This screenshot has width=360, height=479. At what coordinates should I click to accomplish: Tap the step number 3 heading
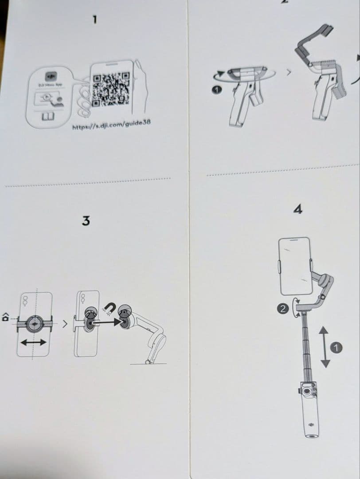coord(86,220)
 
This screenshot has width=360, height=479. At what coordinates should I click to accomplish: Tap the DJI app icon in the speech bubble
coord(52,76)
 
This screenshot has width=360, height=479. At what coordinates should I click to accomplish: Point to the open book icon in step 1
coord(48,116)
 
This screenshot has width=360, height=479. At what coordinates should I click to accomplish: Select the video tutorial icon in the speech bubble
coord(47,99)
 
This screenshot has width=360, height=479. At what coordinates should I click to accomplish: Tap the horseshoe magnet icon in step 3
coord(109,306)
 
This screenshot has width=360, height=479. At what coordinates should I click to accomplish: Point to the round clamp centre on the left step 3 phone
coord(35,324)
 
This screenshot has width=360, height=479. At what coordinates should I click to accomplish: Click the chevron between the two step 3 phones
coord(65,325)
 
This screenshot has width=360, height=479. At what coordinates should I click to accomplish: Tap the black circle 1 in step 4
coord(337,348)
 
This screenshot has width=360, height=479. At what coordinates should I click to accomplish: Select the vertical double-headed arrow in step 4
coord(325,347)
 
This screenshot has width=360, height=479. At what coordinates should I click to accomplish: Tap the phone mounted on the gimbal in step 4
coord(293,265)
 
